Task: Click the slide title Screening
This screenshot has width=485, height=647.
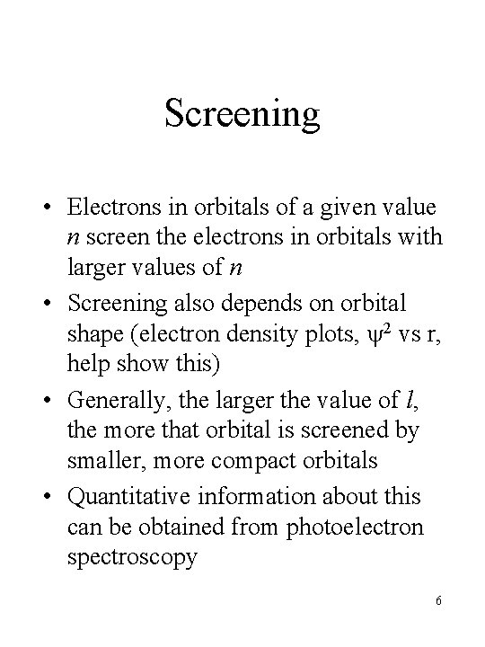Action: [x=242, y=114]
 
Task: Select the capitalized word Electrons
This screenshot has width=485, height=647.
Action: [x=110, y=208]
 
